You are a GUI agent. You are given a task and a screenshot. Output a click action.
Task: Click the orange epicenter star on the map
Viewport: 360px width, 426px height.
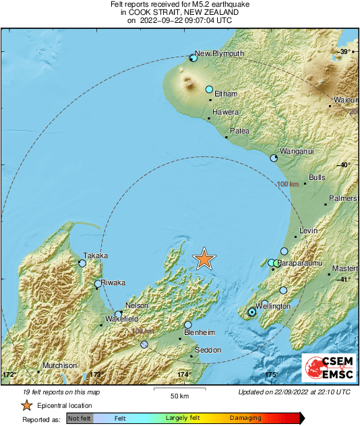pyautogui.click(x=204, y=259)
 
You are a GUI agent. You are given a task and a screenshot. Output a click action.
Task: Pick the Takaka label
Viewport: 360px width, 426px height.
pyautogui.click(x=95, y=255)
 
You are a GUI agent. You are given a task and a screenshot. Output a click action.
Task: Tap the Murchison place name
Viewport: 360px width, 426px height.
pyautogui.click(x=60, y=365)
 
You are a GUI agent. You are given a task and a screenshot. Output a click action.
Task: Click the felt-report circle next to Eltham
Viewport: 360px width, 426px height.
pyautogui.click(x=209, y=90)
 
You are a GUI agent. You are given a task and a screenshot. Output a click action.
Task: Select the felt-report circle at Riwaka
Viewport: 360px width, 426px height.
pyautogui.click(x=98, y=284)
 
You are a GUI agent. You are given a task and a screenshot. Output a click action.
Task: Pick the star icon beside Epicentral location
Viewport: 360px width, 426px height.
pyautogui.click(x=26, y=405)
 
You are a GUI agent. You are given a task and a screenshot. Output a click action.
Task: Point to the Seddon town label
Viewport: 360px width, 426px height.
pyautogui.click(x=207, y=350)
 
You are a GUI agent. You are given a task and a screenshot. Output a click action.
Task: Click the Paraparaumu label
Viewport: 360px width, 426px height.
pyautogui.click(x=301, y=262)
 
